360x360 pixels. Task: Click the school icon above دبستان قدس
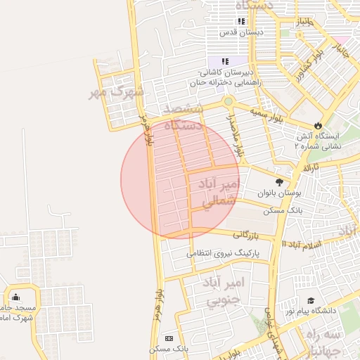[x=242, y=22]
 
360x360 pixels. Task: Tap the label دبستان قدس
[x=241, y=32]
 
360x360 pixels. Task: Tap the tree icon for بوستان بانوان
[x=280, y=183]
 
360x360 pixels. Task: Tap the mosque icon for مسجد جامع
[x=15, y=297]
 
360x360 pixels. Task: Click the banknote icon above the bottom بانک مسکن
[x=168, y=339]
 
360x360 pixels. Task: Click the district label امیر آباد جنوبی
[x=222, y=292]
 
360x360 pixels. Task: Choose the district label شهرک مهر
[x=117, y=91]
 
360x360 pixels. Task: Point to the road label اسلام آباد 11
[x=304, y=243]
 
